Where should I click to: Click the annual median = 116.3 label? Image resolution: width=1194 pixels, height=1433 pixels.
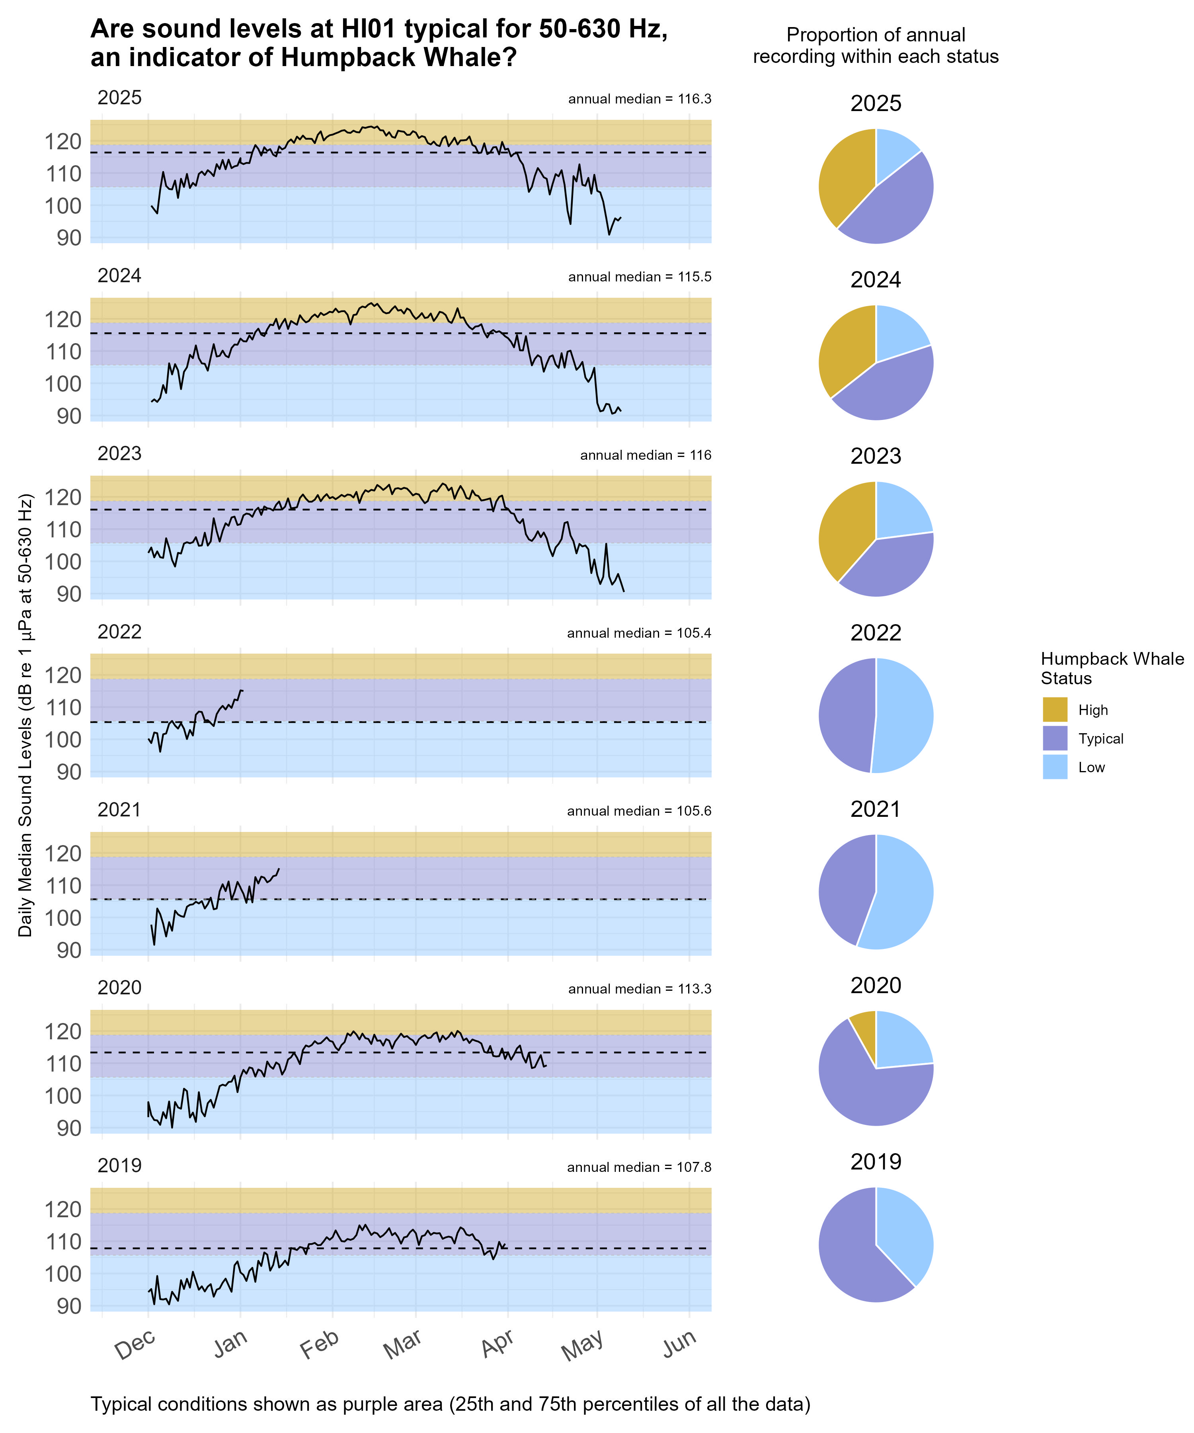pos(639,100)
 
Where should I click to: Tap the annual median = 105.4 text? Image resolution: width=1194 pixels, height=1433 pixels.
pos(639,633)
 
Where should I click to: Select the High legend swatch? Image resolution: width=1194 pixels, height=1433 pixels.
pos(1054,710)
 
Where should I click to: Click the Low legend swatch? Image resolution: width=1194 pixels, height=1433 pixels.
pos(1054,767)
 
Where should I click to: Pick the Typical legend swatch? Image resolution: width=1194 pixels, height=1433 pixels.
pos(1054,738)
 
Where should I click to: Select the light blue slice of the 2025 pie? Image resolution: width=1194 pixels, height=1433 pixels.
pos(895,149)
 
